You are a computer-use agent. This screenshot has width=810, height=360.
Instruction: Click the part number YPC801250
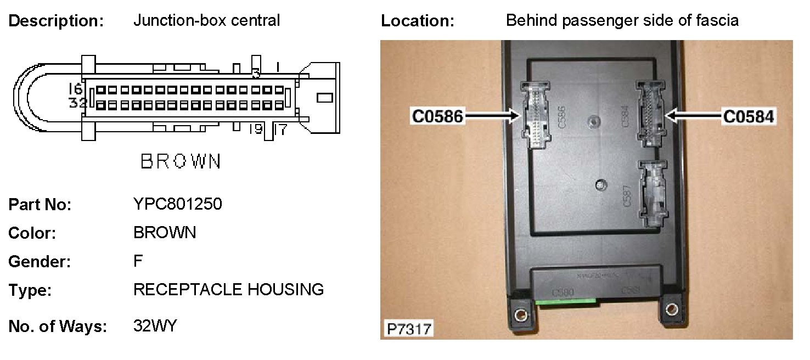pyautogui.click(x=177, y=204)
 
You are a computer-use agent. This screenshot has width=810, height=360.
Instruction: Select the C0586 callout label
pyautogui.click(x=438, y=116)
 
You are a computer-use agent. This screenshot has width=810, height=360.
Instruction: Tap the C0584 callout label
pyautogui.click(x=749, y=116)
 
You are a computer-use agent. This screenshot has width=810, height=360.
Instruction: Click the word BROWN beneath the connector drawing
pyautogui.click(x=181, y=161)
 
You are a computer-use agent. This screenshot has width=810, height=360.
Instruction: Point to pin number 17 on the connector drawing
pyautogui.click(x=279, y=130)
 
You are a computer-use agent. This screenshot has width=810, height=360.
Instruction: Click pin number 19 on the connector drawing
pyautogui.click(x=255, y=130)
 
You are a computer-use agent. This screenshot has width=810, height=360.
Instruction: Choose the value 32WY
pyautogui.click(x=155, y=326)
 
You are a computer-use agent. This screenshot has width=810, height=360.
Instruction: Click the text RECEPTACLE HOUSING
pyautogui.click(x=228, y=289)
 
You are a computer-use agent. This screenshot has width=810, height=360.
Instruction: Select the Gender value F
pyautogui.click(x=138, y=261)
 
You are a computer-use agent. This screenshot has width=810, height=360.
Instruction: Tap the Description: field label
pyautogui.click(x=56, y=21)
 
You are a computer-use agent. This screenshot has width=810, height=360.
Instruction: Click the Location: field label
pyautogui.click(x=418, y=21)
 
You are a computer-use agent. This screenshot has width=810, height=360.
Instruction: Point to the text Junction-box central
pyautogui.click(x=206, y=21)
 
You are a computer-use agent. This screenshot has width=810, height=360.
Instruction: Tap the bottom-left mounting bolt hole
pyautogui.click(x=519, y=315)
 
